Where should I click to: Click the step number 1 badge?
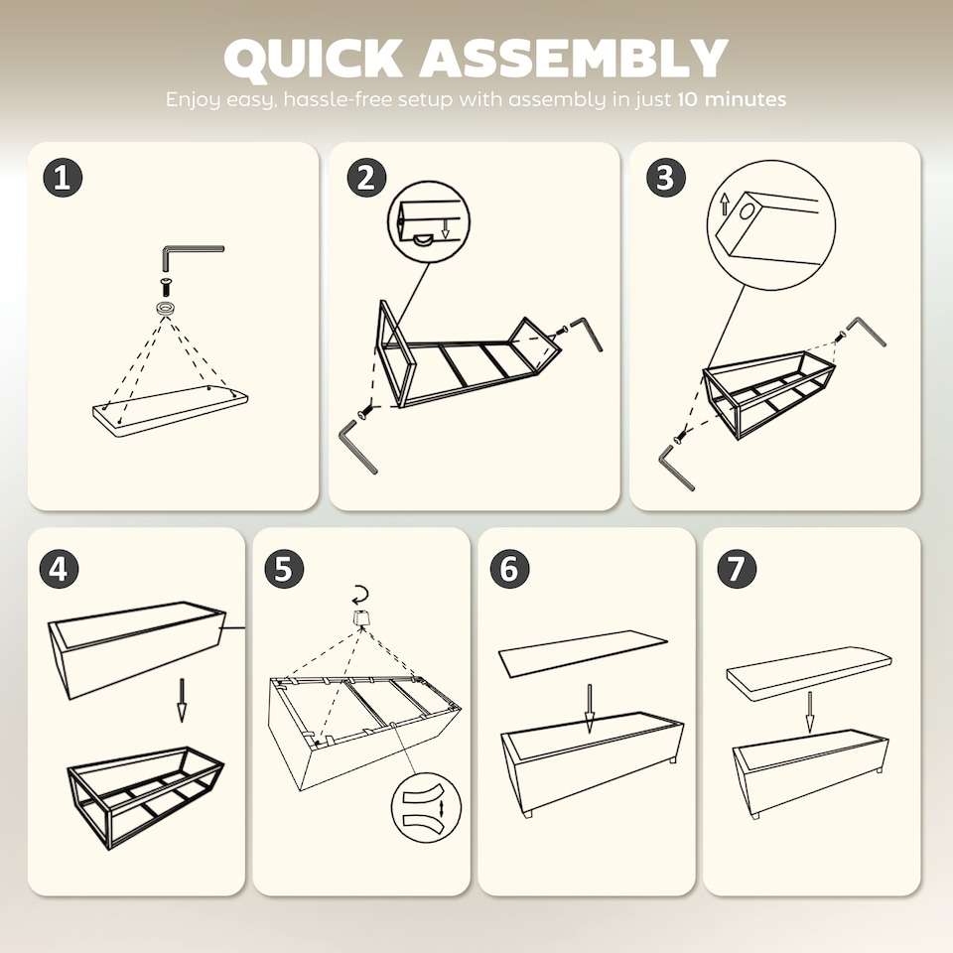pos(63,178)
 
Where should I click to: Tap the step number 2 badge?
pos(366,178)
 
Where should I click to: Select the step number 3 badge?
pos(666,178)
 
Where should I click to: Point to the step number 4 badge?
pos(59,569)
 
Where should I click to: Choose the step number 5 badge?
pos(284,569)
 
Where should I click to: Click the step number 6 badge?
pos(509,569)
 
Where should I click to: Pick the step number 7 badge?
pos(737,569)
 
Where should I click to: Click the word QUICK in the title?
pos(313,59)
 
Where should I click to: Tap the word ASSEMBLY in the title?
pos(573,58)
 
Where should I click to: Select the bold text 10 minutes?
pos(732,99)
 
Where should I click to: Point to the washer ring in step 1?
pos(166,308)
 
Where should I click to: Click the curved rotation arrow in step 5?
pos(360,594)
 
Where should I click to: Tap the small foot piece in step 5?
pos(361,618)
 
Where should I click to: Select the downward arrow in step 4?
pos(181,700)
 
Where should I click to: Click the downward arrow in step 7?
pos(810,713)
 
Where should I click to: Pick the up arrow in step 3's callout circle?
pos(725,204)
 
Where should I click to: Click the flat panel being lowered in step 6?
pos(583,653)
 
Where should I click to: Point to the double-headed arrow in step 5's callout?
pos(442,809)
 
